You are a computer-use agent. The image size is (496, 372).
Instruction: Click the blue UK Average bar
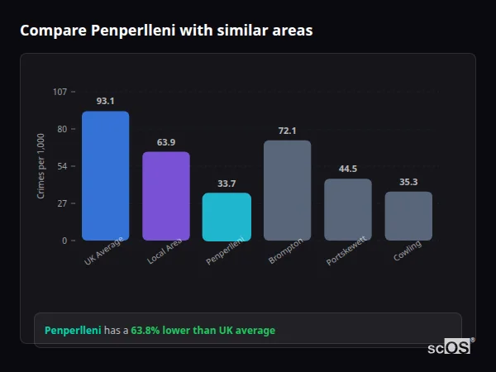[105, 176]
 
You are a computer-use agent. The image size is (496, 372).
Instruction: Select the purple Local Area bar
[165, 196]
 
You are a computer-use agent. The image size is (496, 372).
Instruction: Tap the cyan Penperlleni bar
[227, 217]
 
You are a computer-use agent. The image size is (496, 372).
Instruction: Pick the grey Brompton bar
[287, 190]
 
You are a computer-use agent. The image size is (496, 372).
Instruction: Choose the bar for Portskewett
[347, 209]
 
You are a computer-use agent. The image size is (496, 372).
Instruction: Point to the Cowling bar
[408, 216]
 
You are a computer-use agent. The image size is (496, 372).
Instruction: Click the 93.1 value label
[105, 101]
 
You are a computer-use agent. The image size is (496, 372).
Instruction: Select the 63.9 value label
[165, 142]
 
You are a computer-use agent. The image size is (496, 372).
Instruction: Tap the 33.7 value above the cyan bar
[227, 184]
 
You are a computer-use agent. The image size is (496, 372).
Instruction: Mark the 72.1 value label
[287, 131]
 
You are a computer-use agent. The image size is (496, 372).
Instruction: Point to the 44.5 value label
[347, 169]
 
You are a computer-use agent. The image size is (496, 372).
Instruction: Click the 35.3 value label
[408, 182]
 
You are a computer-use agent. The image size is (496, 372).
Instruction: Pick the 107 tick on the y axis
[60, 92]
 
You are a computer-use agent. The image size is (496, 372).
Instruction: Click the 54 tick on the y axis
[62, 166]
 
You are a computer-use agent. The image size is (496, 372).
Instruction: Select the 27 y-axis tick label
[62, 203]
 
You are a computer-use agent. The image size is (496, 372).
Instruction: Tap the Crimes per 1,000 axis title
[41, 166]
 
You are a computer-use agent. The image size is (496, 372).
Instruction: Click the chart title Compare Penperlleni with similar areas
[166, 31]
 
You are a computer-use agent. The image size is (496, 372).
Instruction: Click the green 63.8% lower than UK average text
[203, 331]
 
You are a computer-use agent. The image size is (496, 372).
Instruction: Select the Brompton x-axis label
[286, 250]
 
